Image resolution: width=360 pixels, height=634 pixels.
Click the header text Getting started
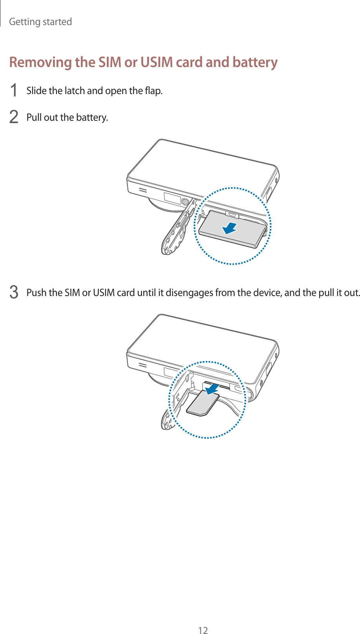point(40,22)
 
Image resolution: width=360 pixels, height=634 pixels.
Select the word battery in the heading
point(255,62)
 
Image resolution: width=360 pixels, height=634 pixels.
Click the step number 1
point(14,91)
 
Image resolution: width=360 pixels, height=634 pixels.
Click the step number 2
point(14,117)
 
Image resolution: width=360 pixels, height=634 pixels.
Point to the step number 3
point(14,292)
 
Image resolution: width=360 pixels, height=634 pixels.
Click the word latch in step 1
point(75,91)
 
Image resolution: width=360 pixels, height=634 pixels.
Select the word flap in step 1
point(153,91)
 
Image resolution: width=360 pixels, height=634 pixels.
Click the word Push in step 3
point(36,292)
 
